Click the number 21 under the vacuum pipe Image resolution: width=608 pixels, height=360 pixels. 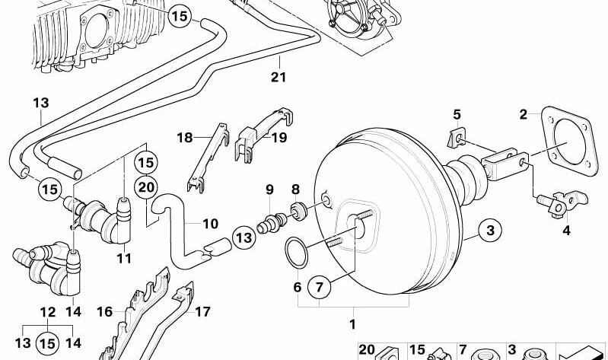[279, 77]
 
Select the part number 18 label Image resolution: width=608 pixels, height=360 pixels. [185, 138]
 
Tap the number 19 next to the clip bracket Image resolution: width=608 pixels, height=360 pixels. [279, 137]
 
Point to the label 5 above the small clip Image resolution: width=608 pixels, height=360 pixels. [457, 115]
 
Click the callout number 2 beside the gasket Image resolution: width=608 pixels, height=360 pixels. [524, 114]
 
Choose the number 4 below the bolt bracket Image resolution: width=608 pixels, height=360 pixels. [566, 231]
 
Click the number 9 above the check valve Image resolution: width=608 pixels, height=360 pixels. [269, 190]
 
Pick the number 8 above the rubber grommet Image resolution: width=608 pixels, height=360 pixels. [295, 190]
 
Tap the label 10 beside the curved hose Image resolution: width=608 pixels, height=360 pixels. [211, 224]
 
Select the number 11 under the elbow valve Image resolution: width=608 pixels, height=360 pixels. [124, 258]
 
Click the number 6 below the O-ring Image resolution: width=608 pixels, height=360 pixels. [298, 288]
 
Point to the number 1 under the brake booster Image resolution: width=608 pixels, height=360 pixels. [352, 324]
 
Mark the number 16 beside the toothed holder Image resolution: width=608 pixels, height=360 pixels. [104, 312]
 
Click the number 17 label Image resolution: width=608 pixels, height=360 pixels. [202, 312]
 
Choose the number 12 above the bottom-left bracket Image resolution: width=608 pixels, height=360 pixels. [48, 312]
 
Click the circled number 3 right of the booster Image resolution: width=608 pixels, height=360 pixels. [490, 230]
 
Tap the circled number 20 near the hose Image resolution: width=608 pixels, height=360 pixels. [146, 187]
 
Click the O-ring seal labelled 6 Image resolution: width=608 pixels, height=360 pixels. [297, 253]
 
